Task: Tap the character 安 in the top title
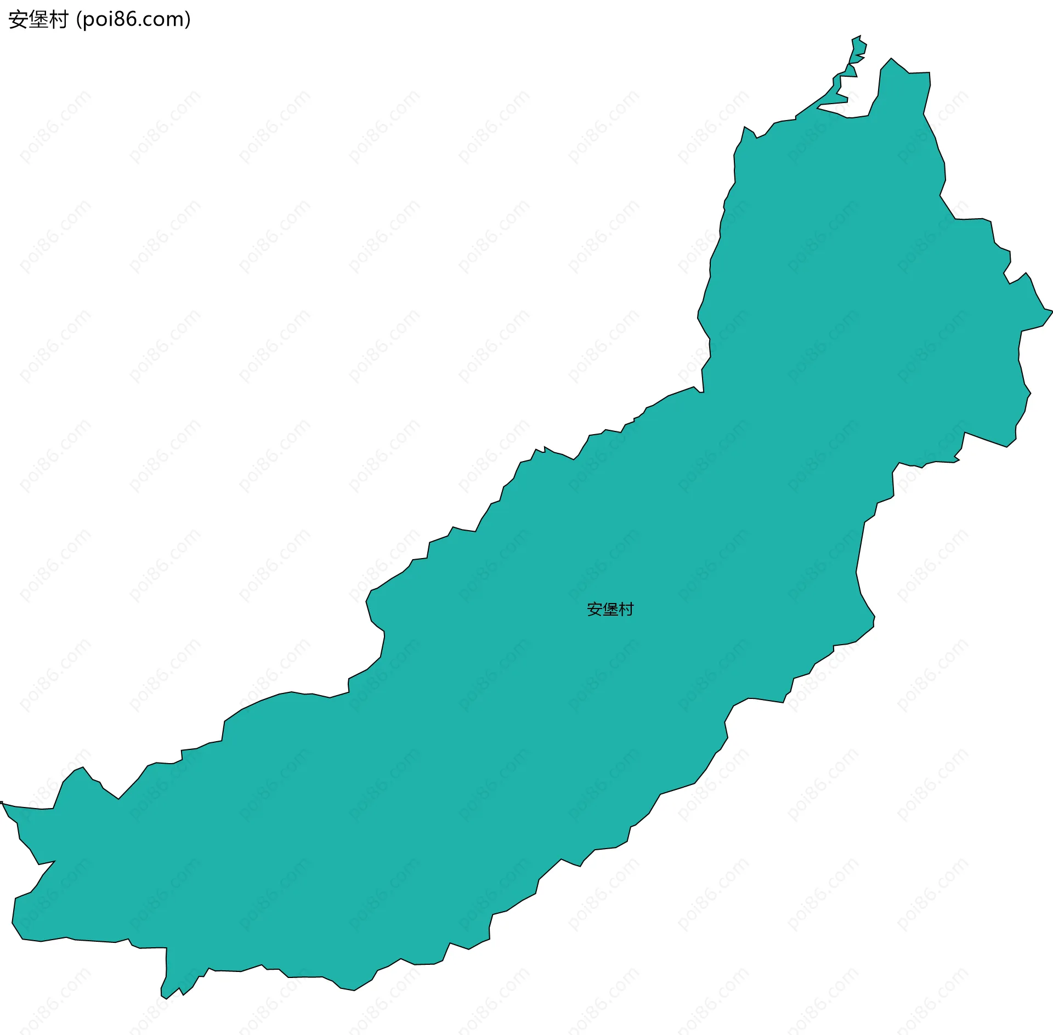click(x=18, y=20)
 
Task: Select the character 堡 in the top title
click(x=38, y=20)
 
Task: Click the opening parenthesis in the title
click(x=79, y=20)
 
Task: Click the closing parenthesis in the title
click(x=188, y=20)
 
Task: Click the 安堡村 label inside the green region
click(x=610, y=609)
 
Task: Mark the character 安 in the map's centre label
click(x=595, y=609)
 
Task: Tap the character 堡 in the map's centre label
click(x=610, y=609)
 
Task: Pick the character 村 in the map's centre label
click(x=626, y=609)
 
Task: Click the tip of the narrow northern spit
click(x=859, y=36)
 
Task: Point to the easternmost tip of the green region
click(x=1051, y=311)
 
